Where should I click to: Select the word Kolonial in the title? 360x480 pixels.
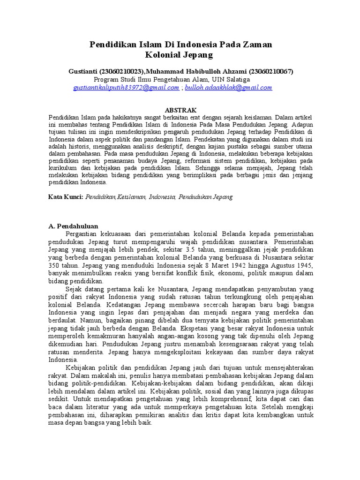coord(162,55)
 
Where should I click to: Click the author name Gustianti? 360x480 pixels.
coord(82,72)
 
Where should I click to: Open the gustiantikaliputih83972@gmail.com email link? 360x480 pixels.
coord(126,88)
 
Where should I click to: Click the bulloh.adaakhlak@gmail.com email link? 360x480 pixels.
coord(228,88)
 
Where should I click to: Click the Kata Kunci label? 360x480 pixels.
coord(66,197)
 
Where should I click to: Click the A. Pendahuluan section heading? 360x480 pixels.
coord(73,225)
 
